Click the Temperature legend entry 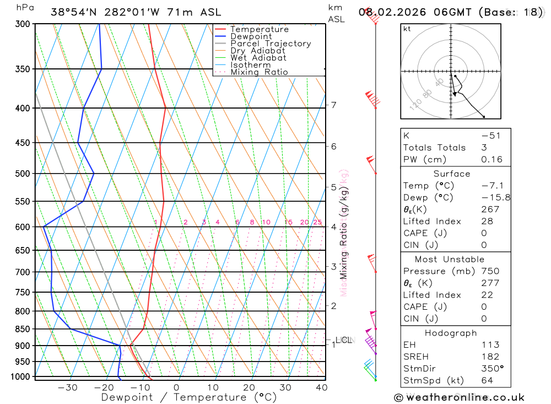(259, 29)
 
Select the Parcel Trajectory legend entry (271, 44)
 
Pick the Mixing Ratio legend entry (259, 72)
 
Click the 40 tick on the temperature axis (322, 387)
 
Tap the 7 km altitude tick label (334, 105)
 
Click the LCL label (343, 341)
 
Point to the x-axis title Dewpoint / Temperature (189, 397)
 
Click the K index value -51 (490, 136)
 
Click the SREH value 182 (490, 357)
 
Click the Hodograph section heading (451, 333)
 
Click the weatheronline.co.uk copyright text (459, 397)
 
